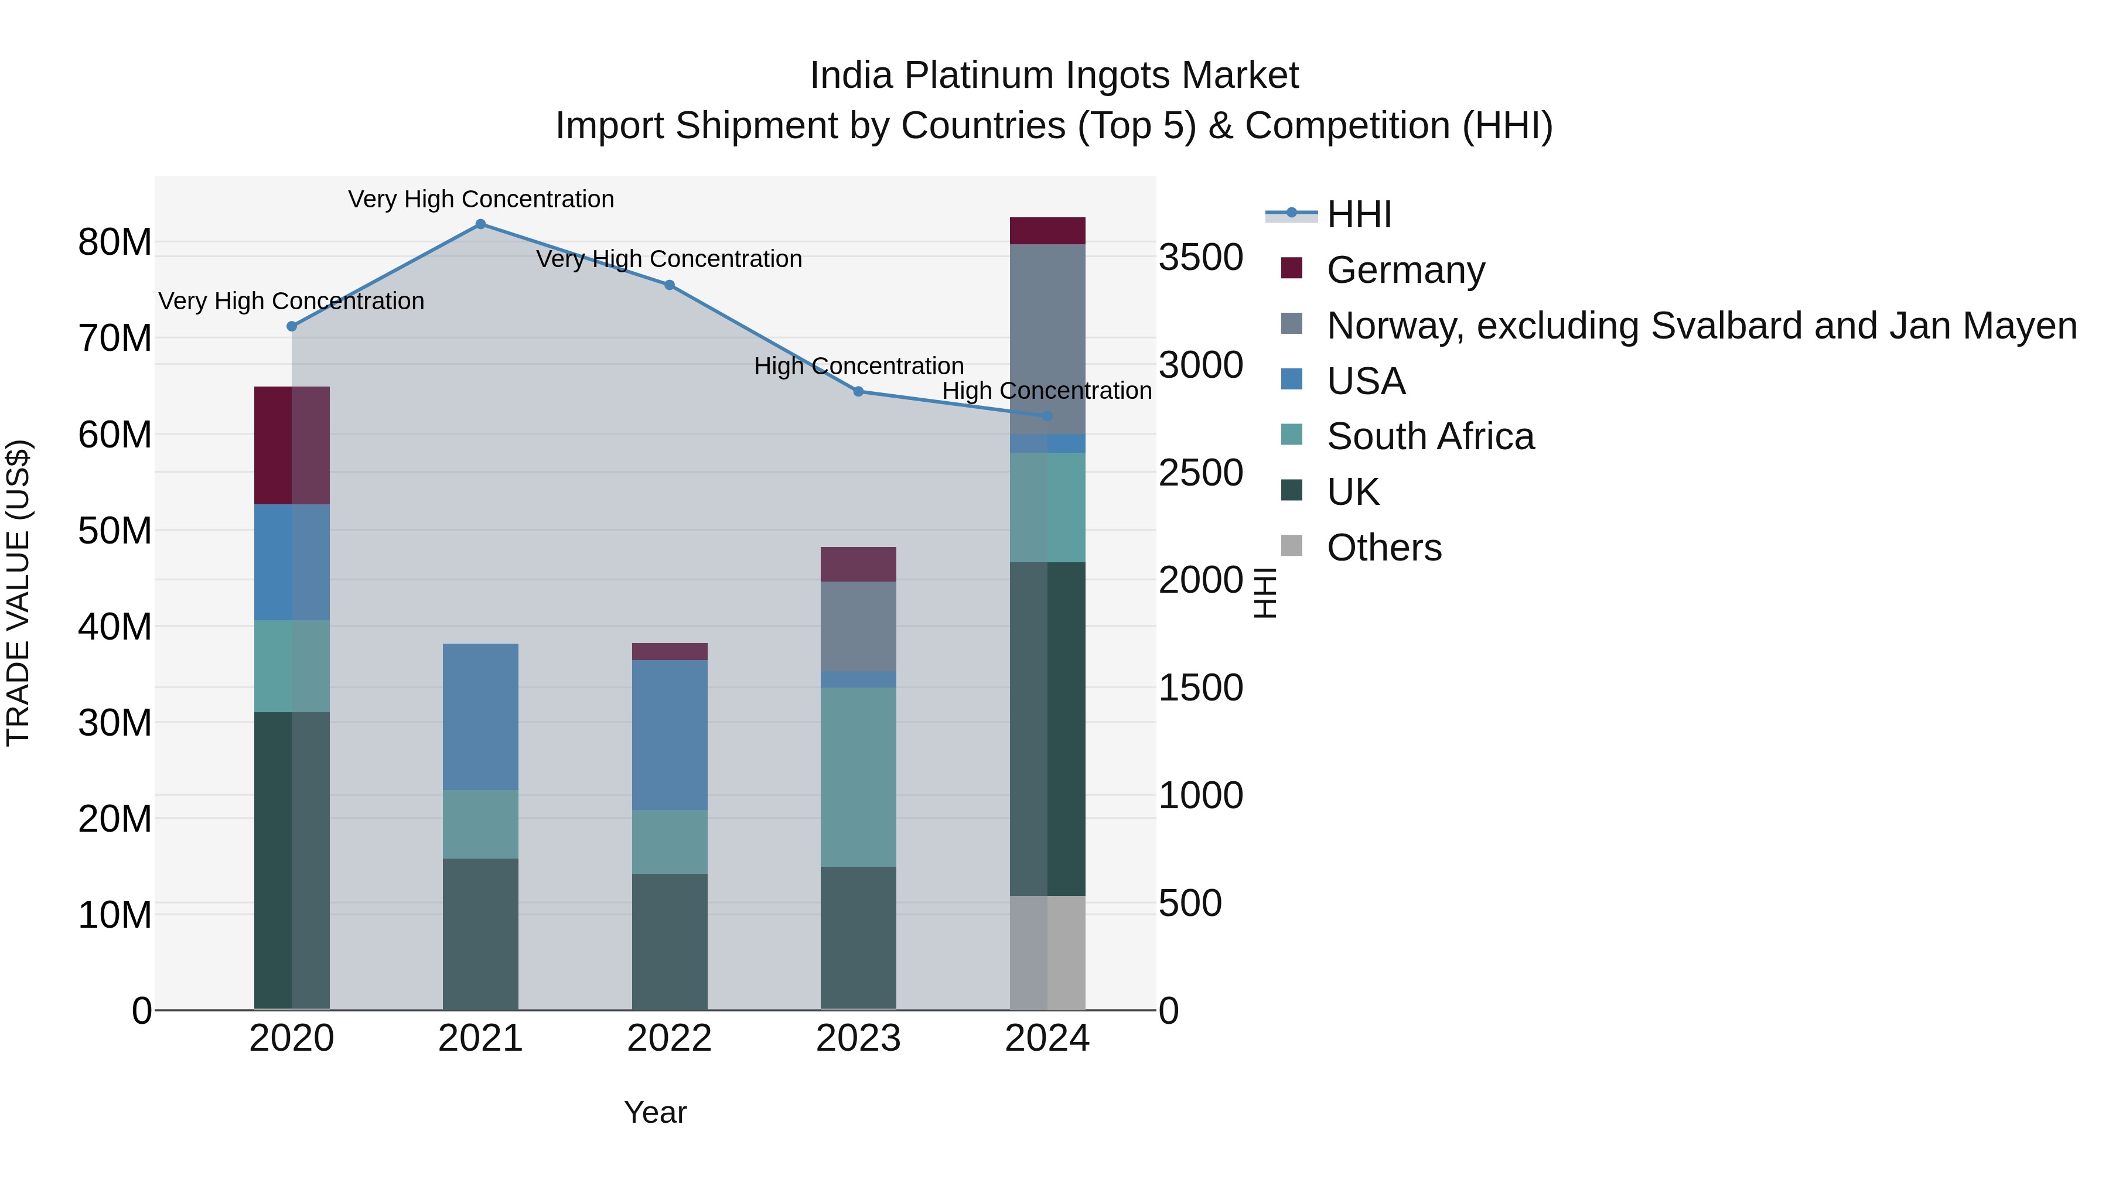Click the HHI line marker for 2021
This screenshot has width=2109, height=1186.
tap(480, 224)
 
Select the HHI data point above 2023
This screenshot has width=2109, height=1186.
tap(858, 391)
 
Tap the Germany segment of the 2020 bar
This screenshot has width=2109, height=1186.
tap(292, 445)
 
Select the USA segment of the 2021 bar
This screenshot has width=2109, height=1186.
tap(480, 716)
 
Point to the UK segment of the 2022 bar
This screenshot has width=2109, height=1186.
tap(669, 941)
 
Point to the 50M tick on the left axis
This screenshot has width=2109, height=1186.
tap(115, 531)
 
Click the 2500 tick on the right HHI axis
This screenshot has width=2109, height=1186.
tap(1200, 473)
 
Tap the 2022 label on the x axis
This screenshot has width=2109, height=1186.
tap(669, 1038)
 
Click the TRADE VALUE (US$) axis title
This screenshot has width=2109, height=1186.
tap(18, 593)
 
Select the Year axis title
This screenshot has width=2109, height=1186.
tap(655, 1112)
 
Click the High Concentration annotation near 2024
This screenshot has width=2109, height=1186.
tap(1046, 391)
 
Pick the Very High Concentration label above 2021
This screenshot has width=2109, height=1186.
tap(480, 199)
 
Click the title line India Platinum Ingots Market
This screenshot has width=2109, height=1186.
tap(1054, 76)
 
